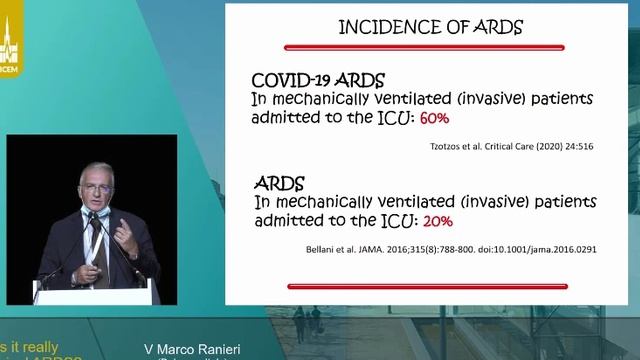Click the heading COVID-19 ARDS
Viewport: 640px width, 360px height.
317,80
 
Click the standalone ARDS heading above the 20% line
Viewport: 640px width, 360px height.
279,183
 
